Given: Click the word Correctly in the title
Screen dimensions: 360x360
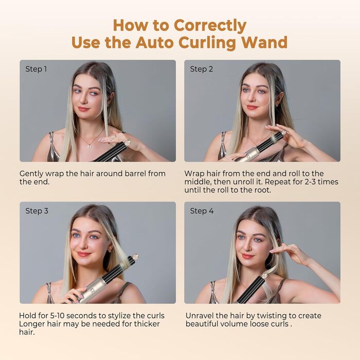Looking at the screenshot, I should click(x=210, y=25).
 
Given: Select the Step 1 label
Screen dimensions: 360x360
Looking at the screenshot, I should click(x=36, y=69).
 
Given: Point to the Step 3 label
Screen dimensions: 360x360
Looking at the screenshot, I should click(x=36, y=211).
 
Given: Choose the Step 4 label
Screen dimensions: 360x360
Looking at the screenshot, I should click(x=202, y=211).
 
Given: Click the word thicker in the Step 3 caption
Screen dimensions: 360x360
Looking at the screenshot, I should click(x=147, y=324).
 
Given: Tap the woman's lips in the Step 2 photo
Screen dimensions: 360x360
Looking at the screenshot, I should click(x=251, y=107).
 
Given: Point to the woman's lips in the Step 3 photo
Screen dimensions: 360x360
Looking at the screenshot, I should click(x=83, y=254).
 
